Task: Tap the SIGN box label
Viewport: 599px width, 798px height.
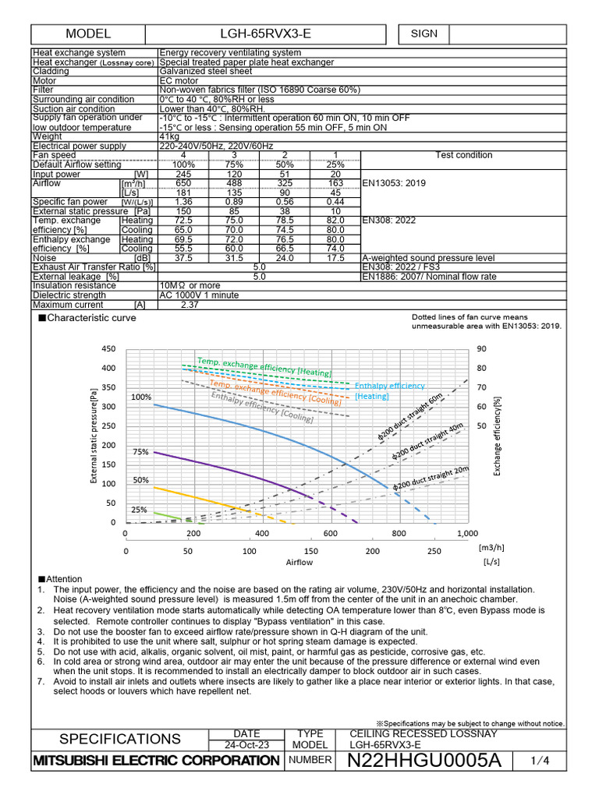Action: (424, 34)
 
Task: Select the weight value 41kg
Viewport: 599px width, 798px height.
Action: (169, 136)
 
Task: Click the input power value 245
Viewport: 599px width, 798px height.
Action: (183, 174)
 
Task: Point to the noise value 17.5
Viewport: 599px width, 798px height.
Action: (335, 258)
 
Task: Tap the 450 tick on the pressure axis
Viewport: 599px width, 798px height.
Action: (108, 348)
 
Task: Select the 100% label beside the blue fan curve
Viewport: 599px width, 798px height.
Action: (141, 397)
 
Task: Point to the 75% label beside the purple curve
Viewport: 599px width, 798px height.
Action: (140, 452)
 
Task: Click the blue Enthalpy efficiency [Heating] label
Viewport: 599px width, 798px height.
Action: (389, 390)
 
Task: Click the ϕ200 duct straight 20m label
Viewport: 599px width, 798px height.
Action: (431, 478)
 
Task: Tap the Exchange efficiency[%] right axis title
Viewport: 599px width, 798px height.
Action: (497, 436)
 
